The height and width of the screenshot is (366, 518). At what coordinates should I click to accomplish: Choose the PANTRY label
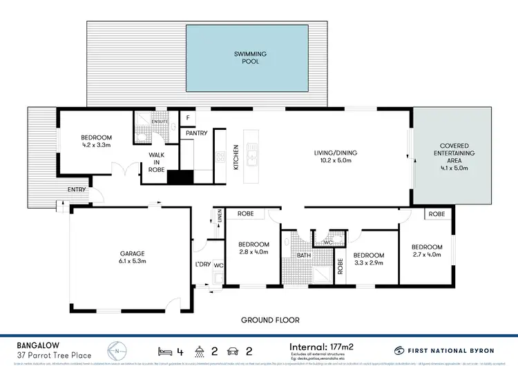(197, 133)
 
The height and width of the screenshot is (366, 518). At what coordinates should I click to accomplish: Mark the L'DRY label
(202, 265)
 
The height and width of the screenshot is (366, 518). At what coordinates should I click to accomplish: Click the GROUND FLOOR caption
(270, 320)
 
